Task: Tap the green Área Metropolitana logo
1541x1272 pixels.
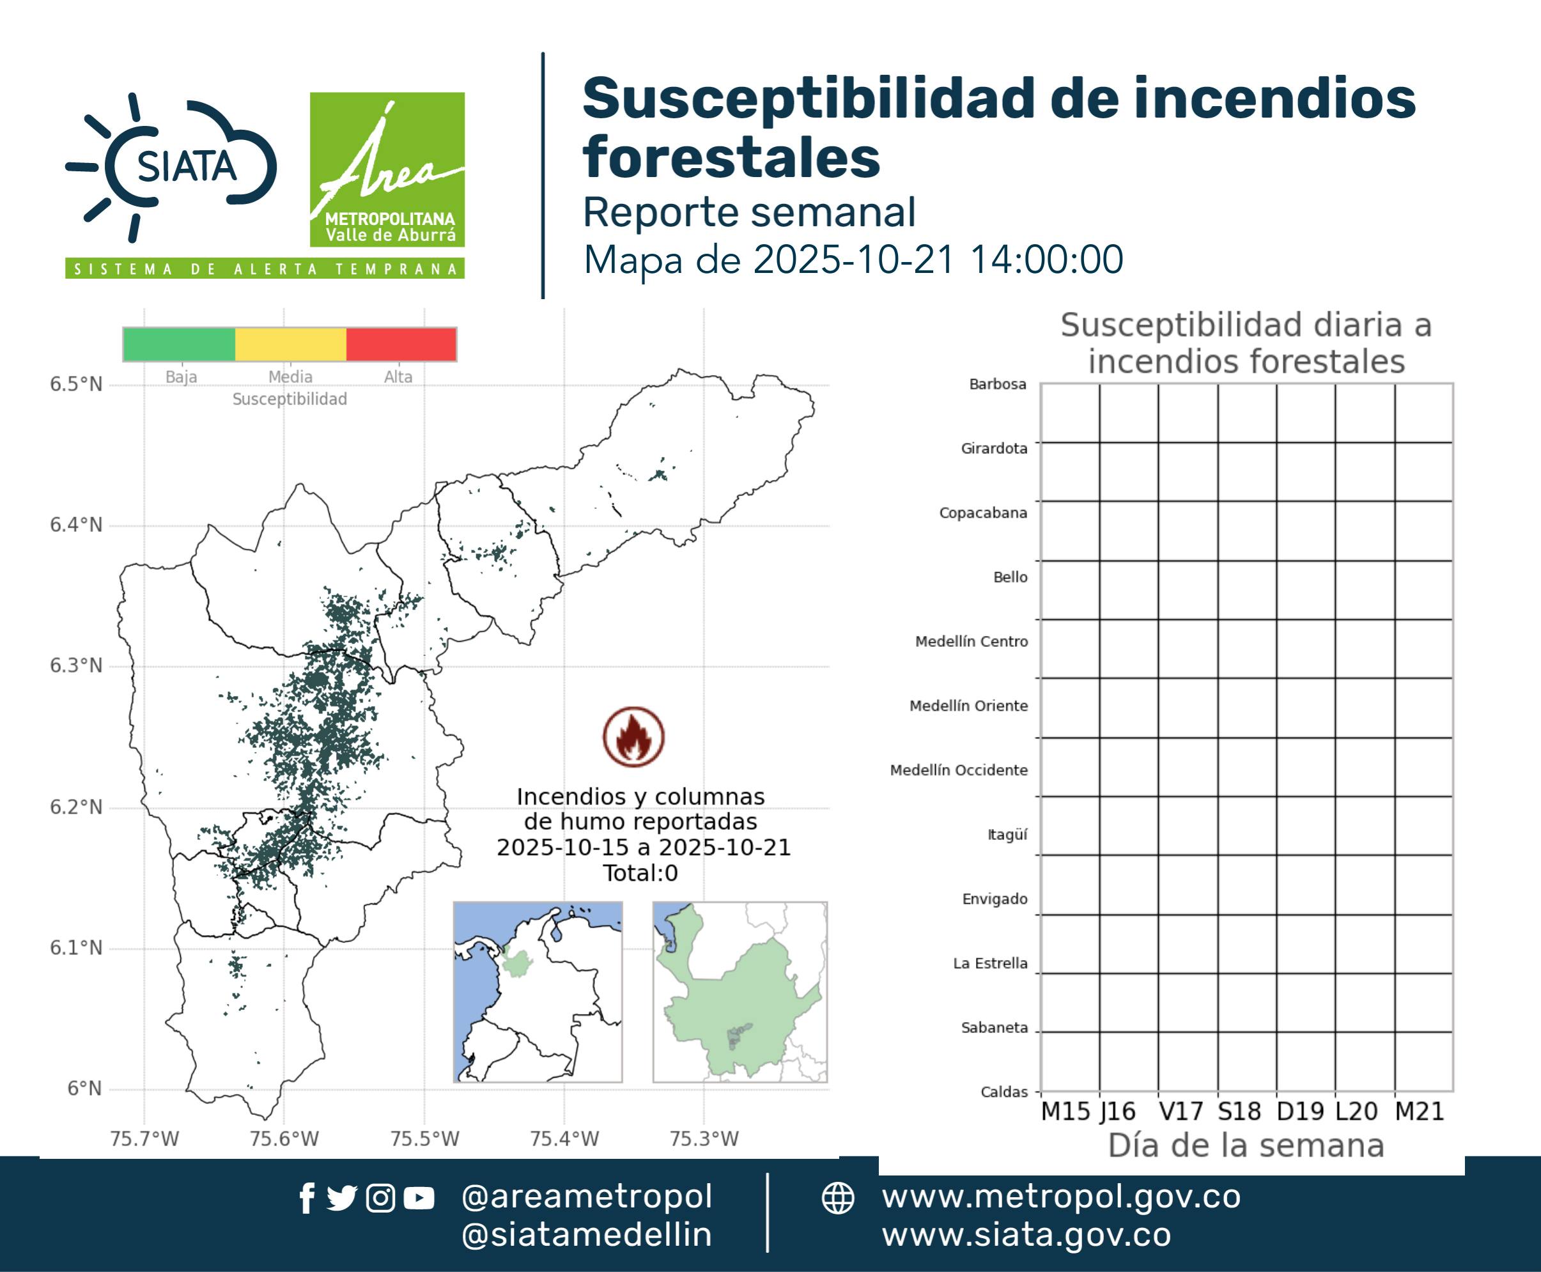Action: click(387, 169)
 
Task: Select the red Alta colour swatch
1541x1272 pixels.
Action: click(401, 345)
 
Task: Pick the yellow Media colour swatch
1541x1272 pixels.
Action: click(290, 345)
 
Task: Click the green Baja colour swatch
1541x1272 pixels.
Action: click(180, 345)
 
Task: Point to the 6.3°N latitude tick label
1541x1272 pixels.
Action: click(76, 665)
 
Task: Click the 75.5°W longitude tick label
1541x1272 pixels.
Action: click(424, 1138)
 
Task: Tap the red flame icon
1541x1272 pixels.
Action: click(634, 736)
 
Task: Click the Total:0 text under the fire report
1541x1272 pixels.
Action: click(640, 873)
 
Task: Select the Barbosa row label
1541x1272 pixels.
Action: click(997, 384)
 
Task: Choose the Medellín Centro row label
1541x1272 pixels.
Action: click(971, 641)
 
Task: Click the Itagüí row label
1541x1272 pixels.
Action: click(1007, 835)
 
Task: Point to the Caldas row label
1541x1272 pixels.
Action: click(1004, 1092)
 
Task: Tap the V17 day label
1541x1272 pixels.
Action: click(1181, 1112)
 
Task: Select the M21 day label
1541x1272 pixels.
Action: click(1419, 1112)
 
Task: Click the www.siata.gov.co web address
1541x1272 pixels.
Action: click(1026, 1236)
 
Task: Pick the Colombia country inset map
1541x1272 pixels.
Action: click(538, 992)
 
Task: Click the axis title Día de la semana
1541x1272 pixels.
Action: click(1246, 1145)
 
